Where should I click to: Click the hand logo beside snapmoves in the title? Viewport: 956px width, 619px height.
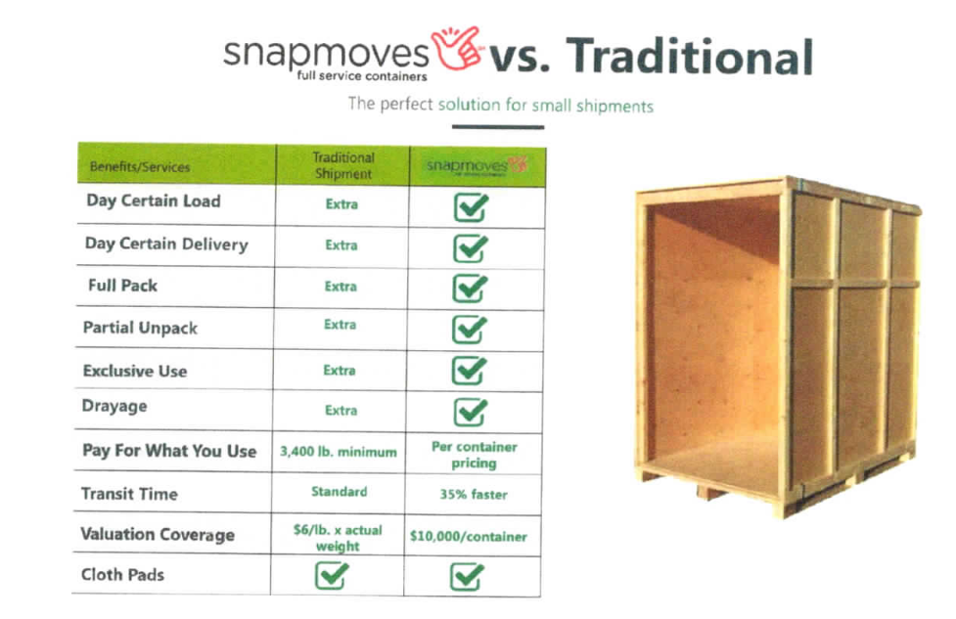coord(456,48)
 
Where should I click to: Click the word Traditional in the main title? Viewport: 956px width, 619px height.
coord(690,56)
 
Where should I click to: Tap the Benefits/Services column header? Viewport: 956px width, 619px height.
coord(140,167)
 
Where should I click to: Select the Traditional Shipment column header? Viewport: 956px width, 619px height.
coord(343,165)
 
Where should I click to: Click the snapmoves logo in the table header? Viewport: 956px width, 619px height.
coord(477,165)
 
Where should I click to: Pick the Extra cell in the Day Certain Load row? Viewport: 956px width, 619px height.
coord(341,204)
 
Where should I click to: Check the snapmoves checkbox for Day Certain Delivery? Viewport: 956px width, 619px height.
coord(470,248)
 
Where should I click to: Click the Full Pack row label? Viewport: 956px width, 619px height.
coord(122,286)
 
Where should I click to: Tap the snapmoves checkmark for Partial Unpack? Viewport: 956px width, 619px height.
coord(469,330)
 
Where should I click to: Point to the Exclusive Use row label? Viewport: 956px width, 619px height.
coord(135,371)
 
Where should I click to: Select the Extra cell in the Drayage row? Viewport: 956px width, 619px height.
coord(341,411)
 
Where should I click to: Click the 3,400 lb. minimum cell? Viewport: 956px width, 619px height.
coord(339,452)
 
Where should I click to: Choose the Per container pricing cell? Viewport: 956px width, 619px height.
coord(475,455)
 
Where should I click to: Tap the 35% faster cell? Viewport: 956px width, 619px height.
coord(474,494)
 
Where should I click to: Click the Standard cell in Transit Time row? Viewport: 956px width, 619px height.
coord(339,491)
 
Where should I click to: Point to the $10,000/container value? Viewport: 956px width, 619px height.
coord(469,536)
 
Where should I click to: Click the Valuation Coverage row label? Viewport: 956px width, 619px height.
coord(158,534)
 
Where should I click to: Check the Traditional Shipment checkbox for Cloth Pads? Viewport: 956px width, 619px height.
coord(332,575)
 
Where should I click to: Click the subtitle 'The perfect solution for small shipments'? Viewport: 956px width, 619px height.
coord(501,105)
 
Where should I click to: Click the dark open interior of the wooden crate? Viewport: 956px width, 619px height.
coord(713,335)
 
